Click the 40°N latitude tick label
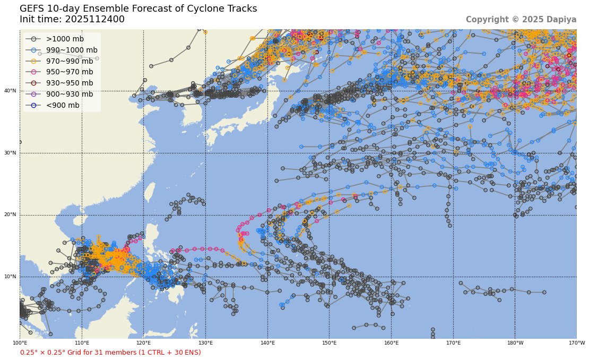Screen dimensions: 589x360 [x=11, y=91]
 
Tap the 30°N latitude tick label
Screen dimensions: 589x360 [x=11, y=153]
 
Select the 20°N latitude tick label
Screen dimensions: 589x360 [x=11, y=215]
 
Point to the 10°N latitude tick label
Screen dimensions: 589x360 [x=11, y=277]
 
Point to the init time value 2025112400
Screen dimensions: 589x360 [x=95, y=19]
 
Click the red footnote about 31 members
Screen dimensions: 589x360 [x=110, y=353]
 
